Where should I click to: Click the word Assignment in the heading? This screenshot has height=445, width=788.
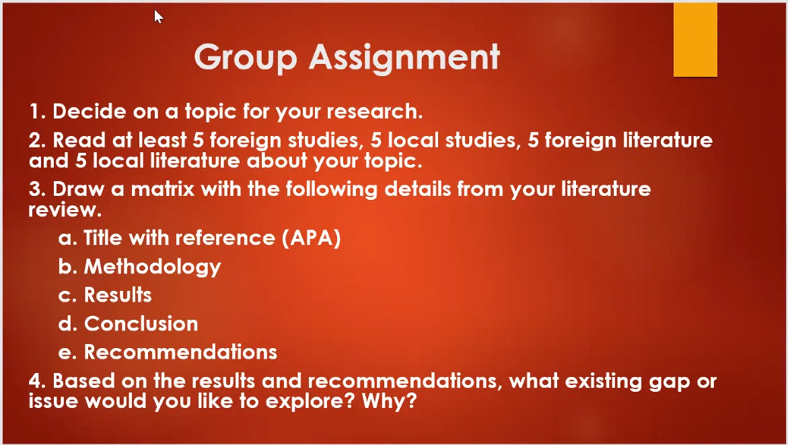pos(404,58)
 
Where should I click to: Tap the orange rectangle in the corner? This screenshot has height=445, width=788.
pos(695,41)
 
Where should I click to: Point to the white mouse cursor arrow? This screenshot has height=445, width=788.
pos(158,16)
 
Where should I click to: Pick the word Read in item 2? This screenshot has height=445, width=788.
pos(77,140)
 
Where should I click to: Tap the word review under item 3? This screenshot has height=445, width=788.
pos(64,210)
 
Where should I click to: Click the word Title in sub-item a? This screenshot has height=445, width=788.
pos(104,238)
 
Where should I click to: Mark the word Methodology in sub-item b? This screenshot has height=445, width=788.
pos(152,267)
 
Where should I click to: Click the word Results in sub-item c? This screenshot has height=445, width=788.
pos(118,295)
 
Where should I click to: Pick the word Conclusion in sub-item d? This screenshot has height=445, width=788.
pos(141,324)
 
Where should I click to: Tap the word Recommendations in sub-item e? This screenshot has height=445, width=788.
pos(180,352)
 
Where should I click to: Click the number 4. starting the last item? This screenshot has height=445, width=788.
pos(37,381)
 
